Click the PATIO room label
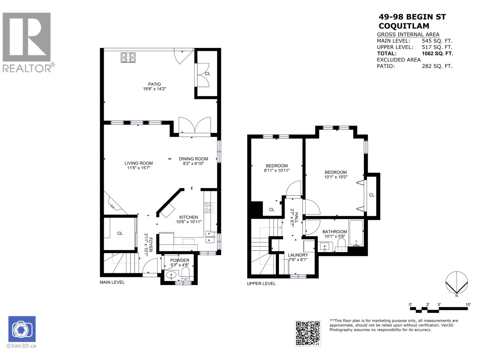(154, 84)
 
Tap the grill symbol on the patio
(128, 57)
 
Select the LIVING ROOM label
(139, 163)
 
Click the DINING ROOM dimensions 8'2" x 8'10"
(193, 163)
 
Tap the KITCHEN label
(189, 217)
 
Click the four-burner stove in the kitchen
(208, 208)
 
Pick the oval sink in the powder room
(171, 274)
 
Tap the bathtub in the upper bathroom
(356, 233)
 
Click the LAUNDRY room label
(298, 255)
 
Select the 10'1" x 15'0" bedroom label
(336, 175)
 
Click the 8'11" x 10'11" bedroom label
(277, 168)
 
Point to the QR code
(308, 333)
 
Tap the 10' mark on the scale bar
(468, 304)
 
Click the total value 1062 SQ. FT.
(437, 53)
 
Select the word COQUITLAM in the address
(404, 26)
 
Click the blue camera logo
(22, 329)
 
